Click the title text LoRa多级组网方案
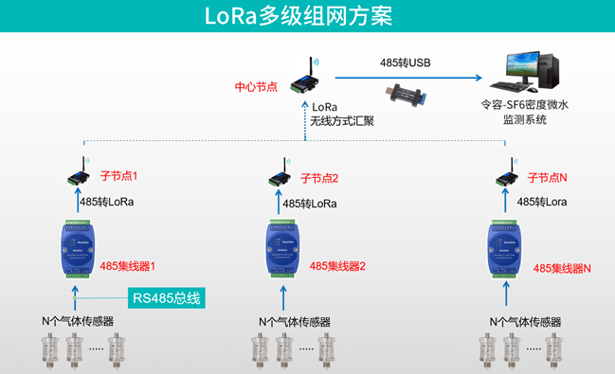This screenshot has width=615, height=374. tap(298, 17)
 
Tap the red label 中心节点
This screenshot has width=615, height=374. tap(256, 86)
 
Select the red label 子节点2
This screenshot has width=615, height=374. tap(319, 177)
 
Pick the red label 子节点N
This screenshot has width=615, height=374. tap(546, 177)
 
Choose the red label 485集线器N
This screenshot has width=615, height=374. tap(562, 268)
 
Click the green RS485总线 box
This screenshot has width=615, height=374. tap(168, 298)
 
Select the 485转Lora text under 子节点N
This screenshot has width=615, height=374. tap(544, 203)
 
